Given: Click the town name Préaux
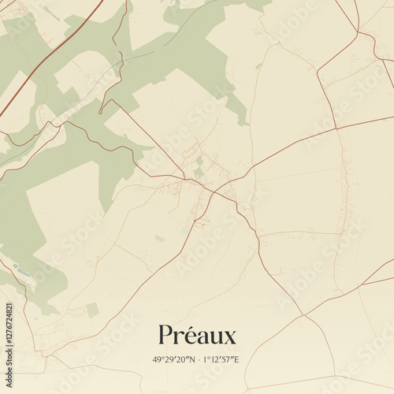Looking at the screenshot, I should (197, 335).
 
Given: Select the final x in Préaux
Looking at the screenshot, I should (229, 337).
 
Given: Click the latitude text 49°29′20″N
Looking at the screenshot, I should (174, 360).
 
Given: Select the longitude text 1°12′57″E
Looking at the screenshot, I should (221, 360).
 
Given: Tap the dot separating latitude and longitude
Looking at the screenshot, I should (197, 360).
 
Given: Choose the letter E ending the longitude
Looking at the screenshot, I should (236, 360).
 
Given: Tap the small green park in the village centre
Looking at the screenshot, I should (199, 172).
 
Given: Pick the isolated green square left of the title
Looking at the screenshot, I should (92, 310).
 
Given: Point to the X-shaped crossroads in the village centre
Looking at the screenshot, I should (213, 190).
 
